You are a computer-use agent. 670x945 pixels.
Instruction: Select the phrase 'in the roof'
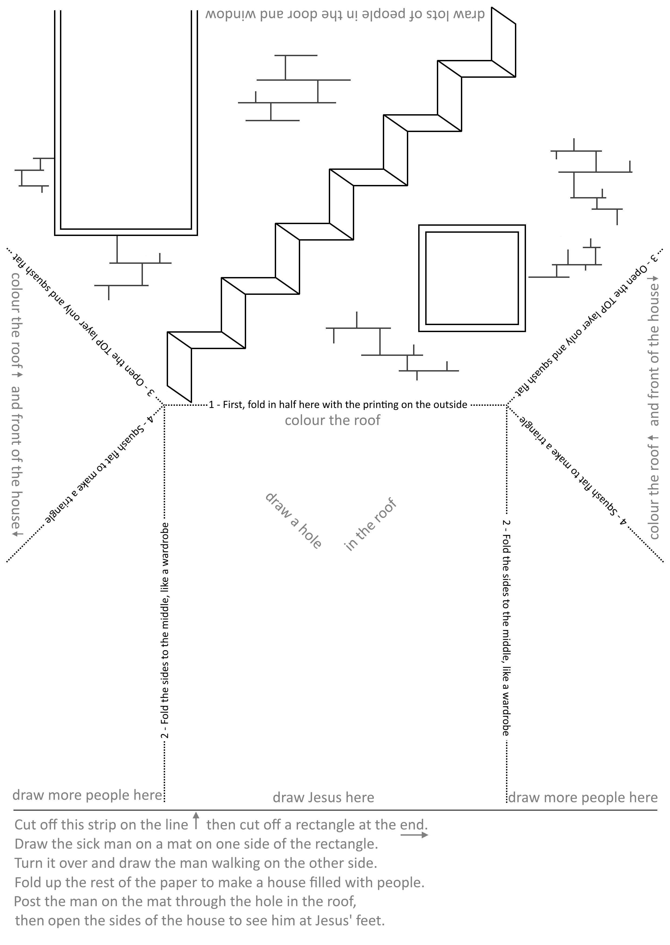[370, 524]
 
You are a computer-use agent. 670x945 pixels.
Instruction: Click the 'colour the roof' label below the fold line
[333, 421]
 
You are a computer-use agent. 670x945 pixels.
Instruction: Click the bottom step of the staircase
[179, 367]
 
